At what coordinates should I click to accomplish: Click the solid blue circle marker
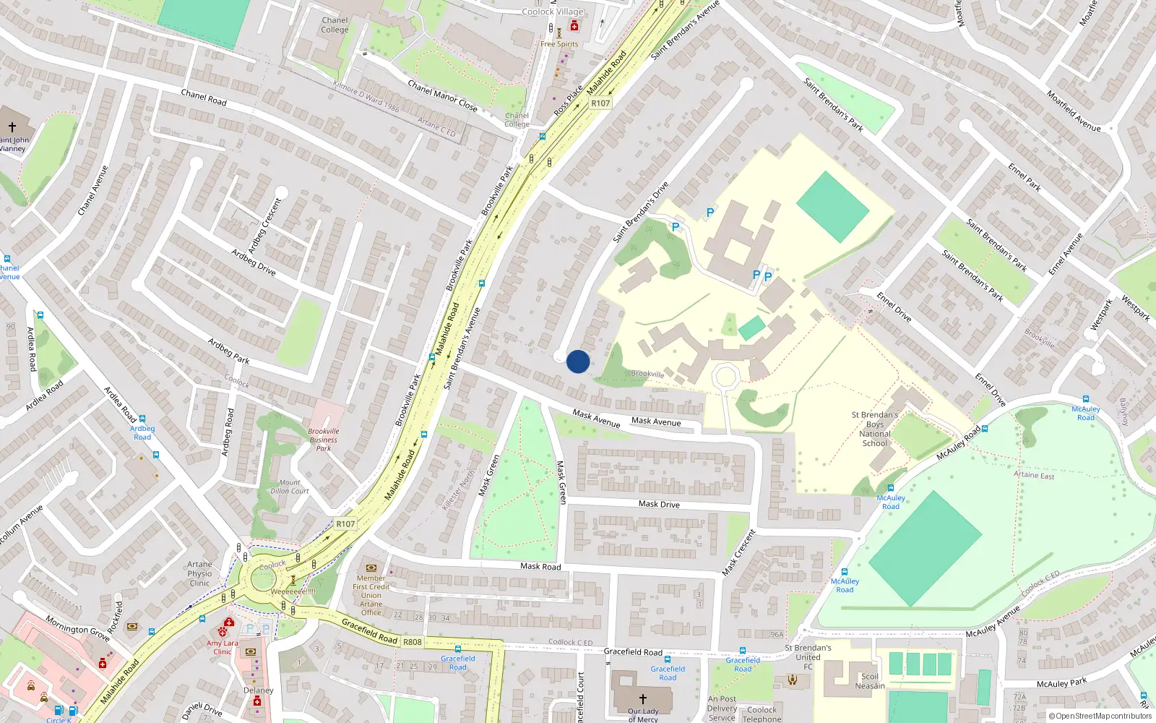pyautogui.click(x=578, y=361)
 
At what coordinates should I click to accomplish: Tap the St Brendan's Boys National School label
pyautogui.click(x=874, y=429)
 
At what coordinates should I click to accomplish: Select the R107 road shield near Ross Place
pyautogui.click(x=600, y=103)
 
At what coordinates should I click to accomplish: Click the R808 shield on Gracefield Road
pyautogui.click(x=413, y=642)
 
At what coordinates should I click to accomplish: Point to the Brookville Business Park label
pyautogui.click(x=324, y=440)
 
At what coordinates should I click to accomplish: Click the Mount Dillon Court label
pyautogui.click(x=290, y=487)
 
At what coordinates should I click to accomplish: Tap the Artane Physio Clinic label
pyautogui.click(x=199, y=574)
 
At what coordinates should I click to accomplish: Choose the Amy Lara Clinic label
pyautogui.click(x=222, y=647)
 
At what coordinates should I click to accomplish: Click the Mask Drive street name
pyautogui.click(x=659, y=504)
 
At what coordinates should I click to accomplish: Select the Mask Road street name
pyautogui.click(x=540, y=566)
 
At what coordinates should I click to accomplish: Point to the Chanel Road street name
pyautogui.click(x=204, y=98)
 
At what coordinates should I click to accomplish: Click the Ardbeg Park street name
pyautogui.click(x=229, y=351)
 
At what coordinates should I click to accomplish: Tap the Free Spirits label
pyautogui.click(x=559, y=44)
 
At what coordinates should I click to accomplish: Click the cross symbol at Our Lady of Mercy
pyautogui.click(x=642, y=699)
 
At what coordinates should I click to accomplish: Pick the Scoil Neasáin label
pyautogui.click(x=870, y=681)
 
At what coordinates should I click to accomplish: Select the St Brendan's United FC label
pyautogui.click(x=808, y=657)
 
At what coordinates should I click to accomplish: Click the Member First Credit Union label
pyautogui.click(x=371, y=595)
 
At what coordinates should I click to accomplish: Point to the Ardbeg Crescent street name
pyautogui.click(x=264, y=224)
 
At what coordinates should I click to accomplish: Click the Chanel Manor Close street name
pyautogui.click(x=442, y=96)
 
